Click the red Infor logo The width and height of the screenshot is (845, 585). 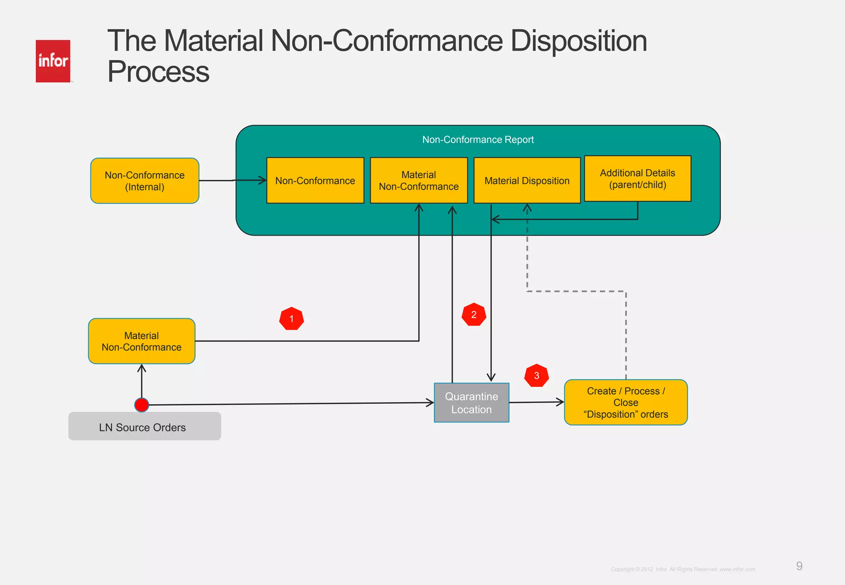coord(53,61)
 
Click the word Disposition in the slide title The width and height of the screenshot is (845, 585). coord(578,41)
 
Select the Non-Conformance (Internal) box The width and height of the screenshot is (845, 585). coord(144,181)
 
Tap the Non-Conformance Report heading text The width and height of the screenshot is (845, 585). coord(478,140)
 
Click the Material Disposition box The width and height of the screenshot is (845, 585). coord(526,181)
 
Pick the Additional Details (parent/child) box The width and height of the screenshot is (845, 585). coord(637,179)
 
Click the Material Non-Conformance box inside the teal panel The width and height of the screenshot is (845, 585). coord(418,181)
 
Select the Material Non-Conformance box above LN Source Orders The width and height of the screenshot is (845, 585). coord(142,341)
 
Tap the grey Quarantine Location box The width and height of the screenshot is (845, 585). coord(471,403)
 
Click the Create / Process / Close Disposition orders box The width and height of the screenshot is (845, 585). coord(625,402)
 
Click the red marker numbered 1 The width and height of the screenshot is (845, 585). coord(291,318)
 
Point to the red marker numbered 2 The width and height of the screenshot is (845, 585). coord(474,315)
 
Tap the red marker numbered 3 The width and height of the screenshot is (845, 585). coord(536,375)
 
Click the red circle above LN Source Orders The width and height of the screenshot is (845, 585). coord(142,405)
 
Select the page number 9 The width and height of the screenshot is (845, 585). coord(799,566)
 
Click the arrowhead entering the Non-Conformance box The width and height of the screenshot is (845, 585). coord(263,180)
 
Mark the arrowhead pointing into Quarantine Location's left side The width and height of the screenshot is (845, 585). coord(430,403)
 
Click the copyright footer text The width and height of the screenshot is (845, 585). coord(683,569)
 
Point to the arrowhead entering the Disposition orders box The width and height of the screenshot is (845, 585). coord(560,402)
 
